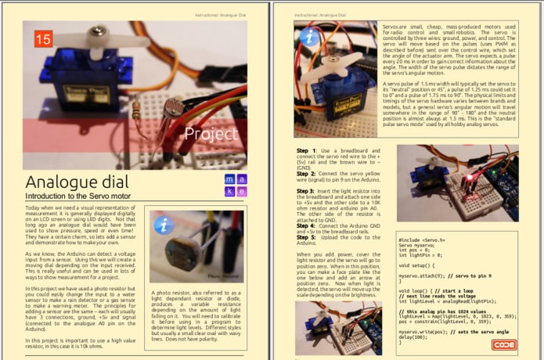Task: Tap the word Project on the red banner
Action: pyautogui.click(x=211, y=134)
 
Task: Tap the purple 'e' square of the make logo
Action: pyautogui.click(x=243, y=191)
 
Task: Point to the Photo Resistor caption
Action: pyautogui.click(x=222, y=275)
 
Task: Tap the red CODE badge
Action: pyautogui.click(x=503, y=344)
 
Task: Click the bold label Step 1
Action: pyautogui.click(x=307, y=149)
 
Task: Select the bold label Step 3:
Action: pyautogui.click(x=308, y=191)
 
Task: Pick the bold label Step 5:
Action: pyautogui.click(x=308, y=236)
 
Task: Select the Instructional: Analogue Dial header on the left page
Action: pyautogui.click(x=227, y=15)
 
